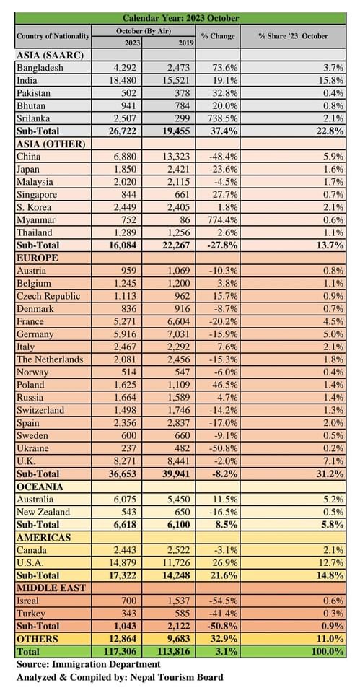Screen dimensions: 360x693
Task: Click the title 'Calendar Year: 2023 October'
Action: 180,18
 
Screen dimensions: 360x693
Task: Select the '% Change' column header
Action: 218,36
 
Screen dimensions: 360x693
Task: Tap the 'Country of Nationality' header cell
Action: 53,36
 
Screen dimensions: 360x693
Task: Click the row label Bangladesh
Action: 40,68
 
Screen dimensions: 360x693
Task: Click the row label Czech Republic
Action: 48,296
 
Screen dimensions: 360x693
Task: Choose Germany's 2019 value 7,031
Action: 179,334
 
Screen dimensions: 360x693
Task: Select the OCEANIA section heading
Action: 40,487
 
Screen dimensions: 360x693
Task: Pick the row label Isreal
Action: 27,601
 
